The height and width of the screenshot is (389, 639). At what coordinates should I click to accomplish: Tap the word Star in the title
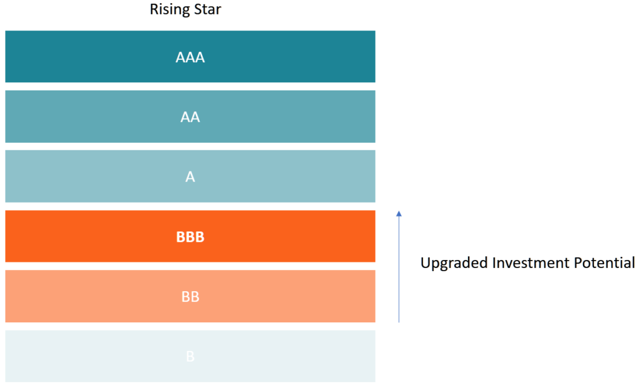(x=205, y=10)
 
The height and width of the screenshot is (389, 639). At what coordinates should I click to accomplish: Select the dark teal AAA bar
(x=94, y=57)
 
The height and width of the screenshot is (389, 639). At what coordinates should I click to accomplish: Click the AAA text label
(x=190, y=58)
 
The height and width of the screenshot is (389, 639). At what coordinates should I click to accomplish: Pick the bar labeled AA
(x=94, y=117)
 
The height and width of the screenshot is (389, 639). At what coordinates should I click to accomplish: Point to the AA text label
(x=190, y=117)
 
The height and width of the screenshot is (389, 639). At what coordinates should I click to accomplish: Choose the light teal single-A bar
(x=94, y=176)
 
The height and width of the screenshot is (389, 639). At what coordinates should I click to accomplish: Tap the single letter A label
(x=190, y=177)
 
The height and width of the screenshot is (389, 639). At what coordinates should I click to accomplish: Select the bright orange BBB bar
(x=94, y=236)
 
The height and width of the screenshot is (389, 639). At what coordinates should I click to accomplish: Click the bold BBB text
(x=190, y=237)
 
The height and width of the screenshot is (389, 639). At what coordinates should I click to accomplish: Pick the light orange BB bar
(x=94, y=296)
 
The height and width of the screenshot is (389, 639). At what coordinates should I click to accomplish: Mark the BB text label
(x=190, y=297)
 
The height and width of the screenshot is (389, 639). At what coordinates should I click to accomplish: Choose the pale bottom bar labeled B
(x=94, y=356)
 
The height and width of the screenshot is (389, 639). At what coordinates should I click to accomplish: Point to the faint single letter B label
(x=190, y=357)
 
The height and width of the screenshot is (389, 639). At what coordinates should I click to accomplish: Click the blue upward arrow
(x=399, y=268)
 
